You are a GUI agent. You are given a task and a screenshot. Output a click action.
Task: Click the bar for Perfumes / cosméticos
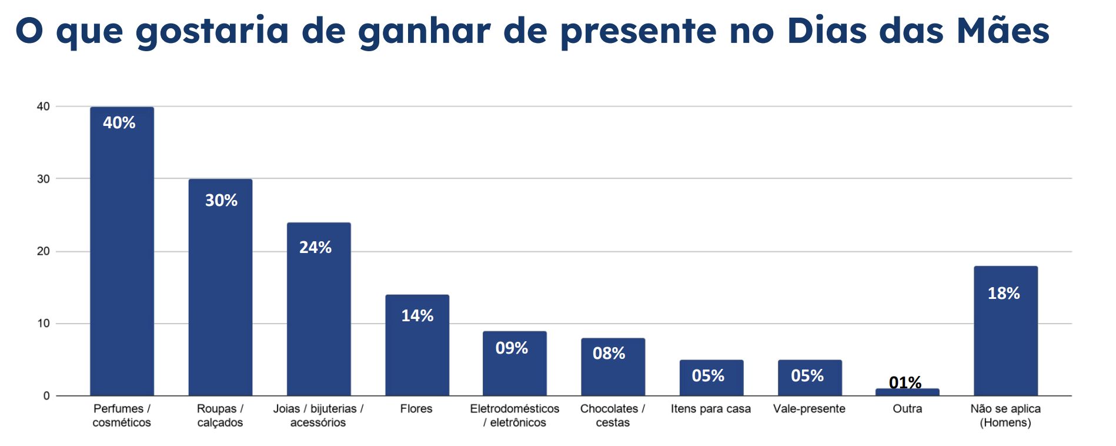(122, 253)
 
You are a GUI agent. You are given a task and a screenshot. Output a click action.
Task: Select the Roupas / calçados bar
(220, 288)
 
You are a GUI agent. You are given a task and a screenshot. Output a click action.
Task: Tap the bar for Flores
(417, 347)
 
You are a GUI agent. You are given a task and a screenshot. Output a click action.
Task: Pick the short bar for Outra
(907, 392)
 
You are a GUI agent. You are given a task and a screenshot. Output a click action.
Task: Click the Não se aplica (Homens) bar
(1005, 335)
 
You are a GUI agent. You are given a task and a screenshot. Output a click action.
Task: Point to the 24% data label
(315, 247)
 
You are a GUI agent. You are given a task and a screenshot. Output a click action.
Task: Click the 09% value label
(512, 348)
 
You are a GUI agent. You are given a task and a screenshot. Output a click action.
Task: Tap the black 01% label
(905, 382)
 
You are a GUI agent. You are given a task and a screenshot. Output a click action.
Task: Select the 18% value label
(1004, 293)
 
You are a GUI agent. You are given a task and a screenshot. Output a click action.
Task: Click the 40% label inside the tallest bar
(119, 122)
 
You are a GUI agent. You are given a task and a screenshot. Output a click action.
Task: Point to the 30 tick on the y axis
(44, 179)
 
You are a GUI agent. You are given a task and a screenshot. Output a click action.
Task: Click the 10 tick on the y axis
(44, 324)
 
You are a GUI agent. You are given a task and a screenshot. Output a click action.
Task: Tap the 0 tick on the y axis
(46, 396)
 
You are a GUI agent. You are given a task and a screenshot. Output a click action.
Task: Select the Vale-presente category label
(809, 408)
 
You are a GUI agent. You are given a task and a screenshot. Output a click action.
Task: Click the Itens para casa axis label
(710, 408)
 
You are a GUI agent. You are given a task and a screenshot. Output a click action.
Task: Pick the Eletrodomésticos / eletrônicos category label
(514, 415)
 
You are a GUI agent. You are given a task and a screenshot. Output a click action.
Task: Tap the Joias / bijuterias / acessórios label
(318, 415)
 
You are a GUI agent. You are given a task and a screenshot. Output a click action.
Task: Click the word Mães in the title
(1003, 31)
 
